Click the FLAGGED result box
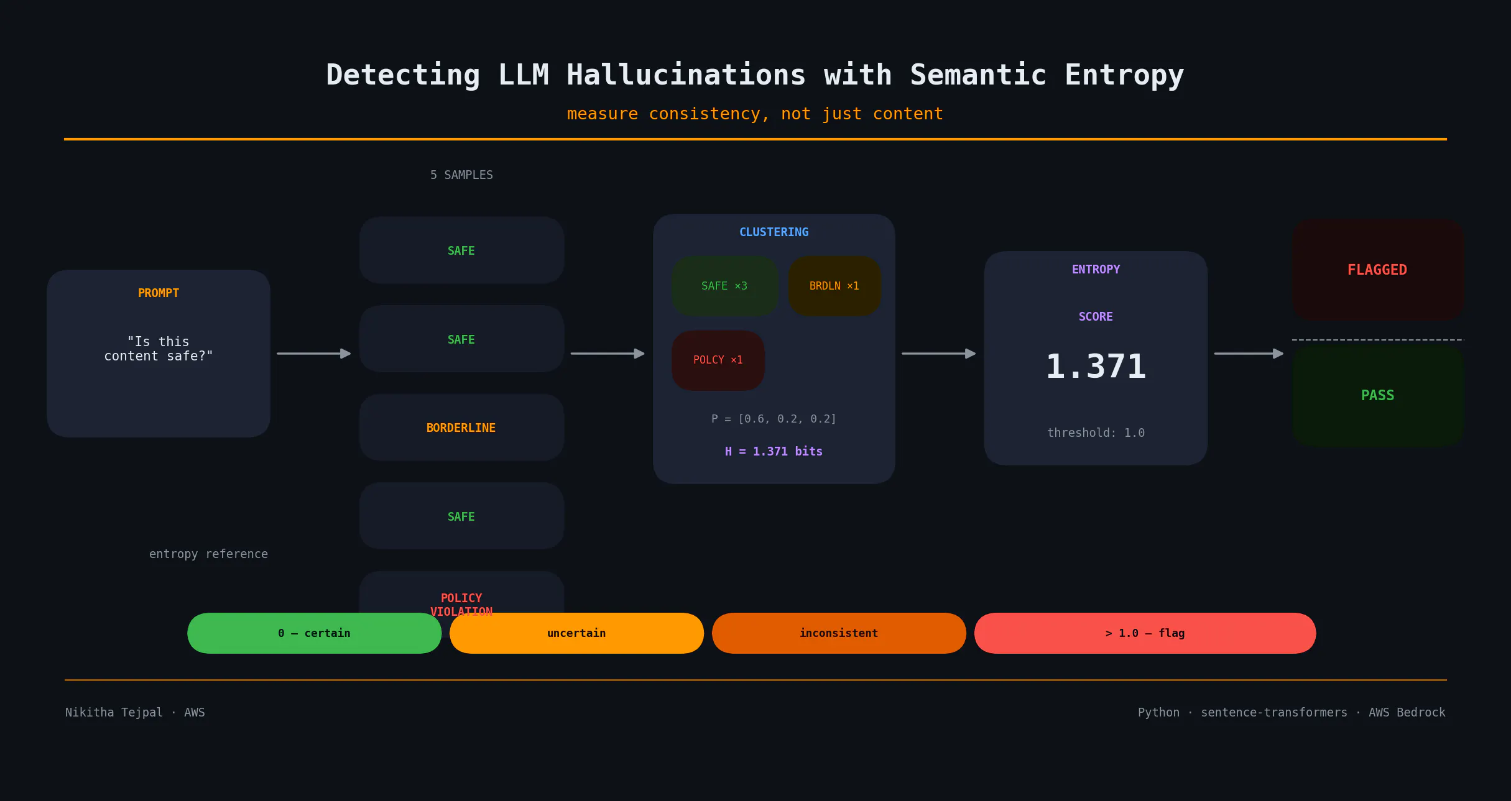[x=1377, y=270]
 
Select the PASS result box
[x=1377, y=395]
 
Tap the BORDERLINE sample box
[x=461, y=428]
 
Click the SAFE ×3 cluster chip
[x=724, y=286]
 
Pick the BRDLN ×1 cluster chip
[x=834, y=286]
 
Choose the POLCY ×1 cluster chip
[x=718, y=360]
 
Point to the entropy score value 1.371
[x=1096, y=366]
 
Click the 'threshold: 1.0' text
[x=1096, y=433]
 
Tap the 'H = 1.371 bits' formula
[x=774, y=451]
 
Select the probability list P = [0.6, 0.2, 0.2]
[x=774, y=419]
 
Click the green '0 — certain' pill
[x=314, y=633]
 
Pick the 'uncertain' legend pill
[x=576, y=633]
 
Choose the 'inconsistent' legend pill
[x=839, y=633]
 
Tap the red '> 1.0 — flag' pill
[x=1145, y=633]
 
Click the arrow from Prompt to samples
[x=313, y=354]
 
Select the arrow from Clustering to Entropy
[x=938, y=354]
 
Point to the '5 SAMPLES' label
[x=461, y=175]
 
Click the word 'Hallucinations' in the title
[x=686, y=75]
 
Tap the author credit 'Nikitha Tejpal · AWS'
[x=135, y=712]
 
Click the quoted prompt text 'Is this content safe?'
[x=159, y=349]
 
